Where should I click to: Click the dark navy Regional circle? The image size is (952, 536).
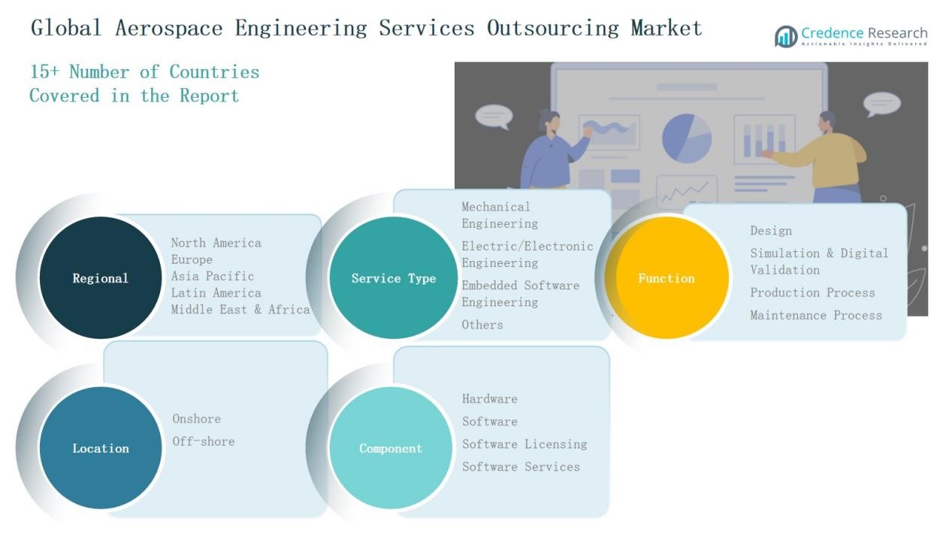(x=100, y=278)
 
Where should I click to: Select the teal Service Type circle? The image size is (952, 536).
(x=393, y=278)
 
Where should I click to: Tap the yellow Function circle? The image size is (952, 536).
(x=666, y=278)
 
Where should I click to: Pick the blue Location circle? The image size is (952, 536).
(x=100, y=448)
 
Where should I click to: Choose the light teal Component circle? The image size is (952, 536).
(x=391, y=448)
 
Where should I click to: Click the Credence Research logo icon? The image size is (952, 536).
(x=786, y=36)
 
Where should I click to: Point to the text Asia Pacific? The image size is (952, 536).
(x=213, y=276)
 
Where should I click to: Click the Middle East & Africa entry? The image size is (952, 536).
(x=240, y=309)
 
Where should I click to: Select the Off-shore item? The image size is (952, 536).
(x=204, y=441)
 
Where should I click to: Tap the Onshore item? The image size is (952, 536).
(x=197, y=419)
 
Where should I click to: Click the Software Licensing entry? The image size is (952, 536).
(x=524, y=444)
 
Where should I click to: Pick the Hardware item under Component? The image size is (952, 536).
(x=490, y=398)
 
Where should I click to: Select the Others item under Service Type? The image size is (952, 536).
(x=482, y=325)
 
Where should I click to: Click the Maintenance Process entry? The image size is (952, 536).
(x=816, y=315)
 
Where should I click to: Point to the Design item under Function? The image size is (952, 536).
(x=771, y=231)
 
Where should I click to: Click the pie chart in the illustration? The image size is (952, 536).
(x=686, y=138)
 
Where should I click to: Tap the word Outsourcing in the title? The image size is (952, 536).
(x=552, y=29)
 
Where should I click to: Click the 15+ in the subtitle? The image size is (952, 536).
(x=44, y=72)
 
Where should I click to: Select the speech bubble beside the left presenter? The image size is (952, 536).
(x=494, y=116)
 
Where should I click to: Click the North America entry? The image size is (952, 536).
(x=216, y=243)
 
